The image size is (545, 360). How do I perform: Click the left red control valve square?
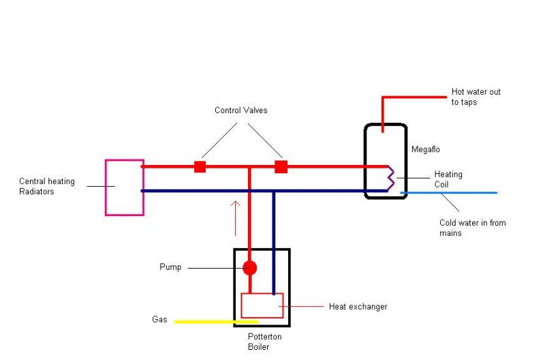200,166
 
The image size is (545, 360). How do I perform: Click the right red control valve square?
281,166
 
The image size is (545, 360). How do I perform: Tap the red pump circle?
250,267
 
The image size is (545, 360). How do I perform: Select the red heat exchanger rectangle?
262,305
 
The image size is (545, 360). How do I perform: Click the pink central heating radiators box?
124,187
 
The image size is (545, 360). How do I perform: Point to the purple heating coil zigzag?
391,178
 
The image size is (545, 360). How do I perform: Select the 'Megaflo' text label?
426,149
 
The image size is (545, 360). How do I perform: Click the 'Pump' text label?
170,267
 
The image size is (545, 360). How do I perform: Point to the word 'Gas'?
159,319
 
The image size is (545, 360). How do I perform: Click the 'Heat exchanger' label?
358,307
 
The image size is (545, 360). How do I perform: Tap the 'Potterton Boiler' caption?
265,342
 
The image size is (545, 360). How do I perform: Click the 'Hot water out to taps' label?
476,97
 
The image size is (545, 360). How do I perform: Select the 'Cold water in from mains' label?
472,228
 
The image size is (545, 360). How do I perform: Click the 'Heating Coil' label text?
448,179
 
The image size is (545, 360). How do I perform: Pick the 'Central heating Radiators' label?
46,187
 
